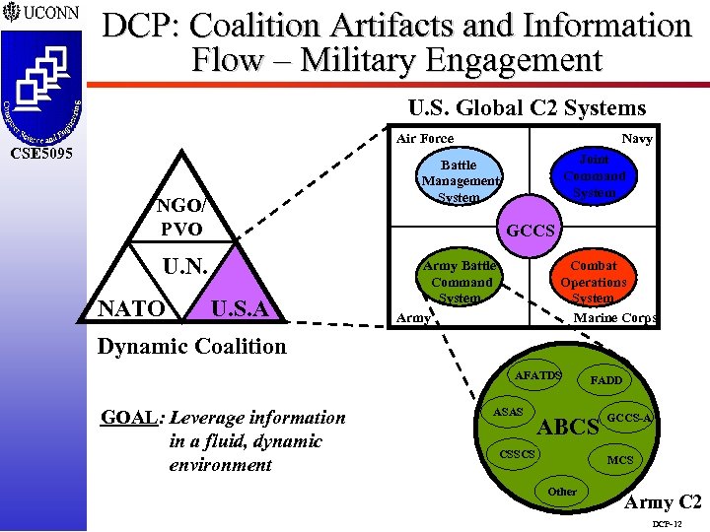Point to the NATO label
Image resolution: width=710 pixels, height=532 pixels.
pyautogui.click(x=130, y=310)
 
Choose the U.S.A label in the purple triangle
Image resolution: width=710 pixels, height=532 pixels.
pyautogui.click(x=241, y=310)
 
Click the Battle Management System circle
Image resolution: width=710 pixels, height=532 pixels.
pyautogui.click(x=459, y=181)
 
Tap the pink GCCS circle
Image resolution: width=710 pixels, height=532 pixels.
pyautogui.click(x=532, y=231)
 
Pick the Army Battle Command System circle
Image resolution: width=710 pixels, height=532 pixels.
pyautogui.click(x=459, y=282)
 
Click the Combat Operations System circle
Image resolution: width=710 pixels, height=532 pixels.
pyautogui.click(x=594, y=282)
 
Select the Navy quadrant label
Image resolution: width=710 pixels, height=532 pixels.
pyautogui.click(x=636, y=139)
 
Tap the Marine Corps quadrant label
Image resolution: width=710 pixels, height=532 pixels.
pyautogui.click(x=615, y=318)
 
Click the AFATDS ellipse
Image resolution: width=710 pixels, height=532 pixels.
pyautogui.click(x=538, y=375)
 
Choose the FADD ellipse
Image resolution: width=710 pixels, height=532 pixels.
pyautogui.click(x=605, y=380)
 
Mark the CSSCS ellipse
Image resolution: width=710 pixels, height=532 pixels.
pyautogui.click(x=517, y=454)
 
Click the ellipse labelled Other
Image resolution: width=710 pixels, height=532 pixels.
pyautogui.click(x=562, y=491)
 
